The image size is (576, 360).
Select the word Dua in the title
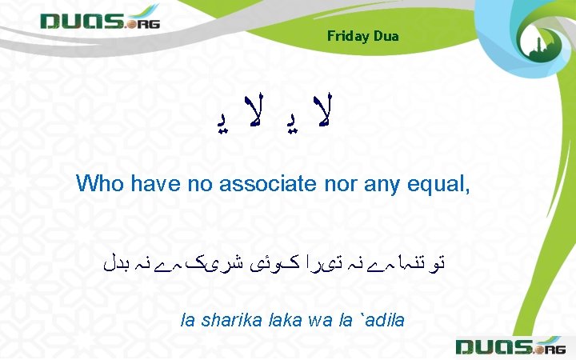tap(385, 36)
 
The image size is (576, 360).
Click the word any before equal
tap(398, 183)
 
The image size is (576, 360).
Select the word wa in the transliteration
tap(319, 321)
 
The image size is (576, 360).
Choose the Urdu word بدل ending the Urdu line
tap(120, 261)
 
